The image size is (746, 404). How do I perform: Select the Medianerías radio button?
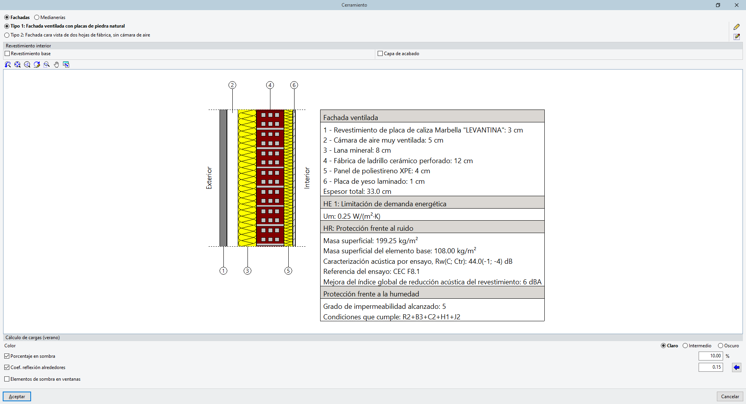coord(37,17)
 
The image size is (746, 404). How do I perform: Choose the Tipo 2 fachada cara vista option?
coord(7,35)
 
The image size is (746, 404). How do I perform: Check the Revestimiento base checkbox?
coord(7,54)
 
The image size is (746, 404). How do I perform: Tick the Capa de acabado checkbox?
coord(380,54)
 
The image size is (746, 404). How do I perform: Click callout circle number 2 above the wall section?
coord(232,85)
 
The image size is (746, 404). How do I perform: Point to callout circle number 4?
coord(270,85)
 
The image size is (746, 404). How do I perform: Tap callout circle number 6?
coord(294,85)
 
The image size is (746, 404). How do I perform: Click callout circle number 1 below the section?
coord(223,271)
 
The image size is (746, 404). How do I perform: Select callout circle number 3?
coord(248,271)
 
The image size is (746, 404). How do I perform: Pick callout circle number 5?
coord(288,271)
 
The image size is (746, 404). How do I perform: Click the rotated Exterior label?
coord(209,178)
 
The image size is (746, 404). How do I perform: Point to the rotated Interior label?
coord(307,178)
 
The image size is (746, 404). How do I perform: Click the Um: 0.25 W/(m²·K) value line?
coord(352,216)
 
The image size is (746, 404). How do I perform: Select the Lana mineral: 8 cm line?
coord(357,150)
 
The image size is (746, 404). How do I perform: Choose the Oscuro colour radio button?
coord(721,346)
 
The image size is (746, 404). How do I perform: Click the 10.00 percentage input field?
coord(711,356)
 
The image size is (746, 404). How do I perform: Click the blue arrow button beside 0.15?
coord(737,367)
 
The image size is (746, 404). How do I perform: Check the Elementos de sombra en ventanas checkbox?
coord(7,379)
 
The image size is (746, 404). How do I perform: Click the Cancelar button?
coord(730,397)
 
